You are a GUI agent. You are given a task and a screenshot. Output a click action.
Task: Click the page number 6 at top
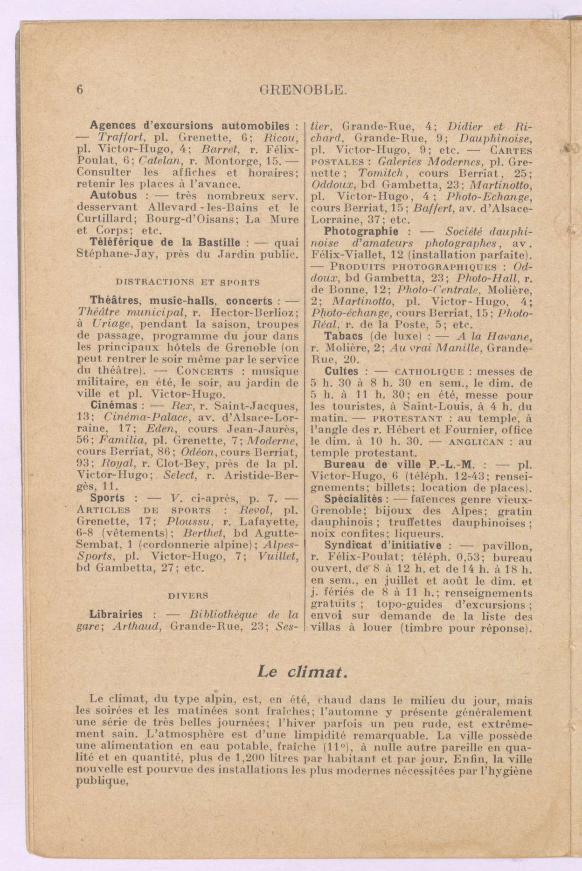click(80, 89)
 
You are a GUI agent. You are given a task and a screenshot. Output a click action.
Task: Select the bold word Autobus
click(113, 195)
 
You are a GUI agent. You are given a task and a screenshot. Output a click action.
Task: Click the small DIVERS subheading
click(188, 595)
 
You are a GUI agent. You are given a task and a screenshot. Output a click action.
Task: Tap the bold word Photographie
click(361, 231)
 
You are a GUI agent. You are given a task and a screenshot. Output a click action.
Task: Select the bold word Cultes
click(341, 372)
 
